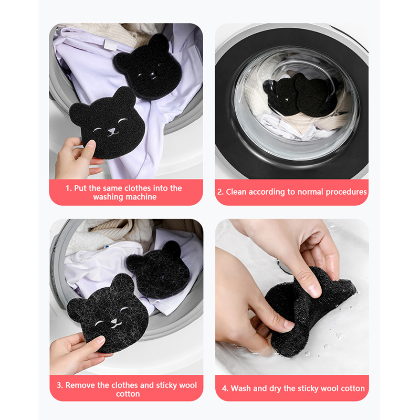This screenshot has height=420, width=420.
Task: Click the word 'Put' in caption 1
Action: pyautogui.click(x=80, y=188)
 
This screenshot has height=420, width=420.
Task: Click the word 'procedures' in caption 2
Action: pyautogui.click(x=346, y=192)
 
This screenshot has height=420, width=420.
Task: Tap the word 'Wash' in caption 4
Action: pyautogui.click(x=240, y=388)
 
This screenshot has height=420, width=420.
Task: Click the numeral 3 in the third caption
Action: pyautogui.click(x=59, y=385)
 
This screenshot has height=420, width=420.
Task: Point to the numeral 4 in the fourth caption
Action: pyautogui.click(x=224, y=388)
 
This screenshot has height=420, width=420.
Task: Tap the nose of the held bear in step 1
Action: pyautogui.click(x=112, y=131)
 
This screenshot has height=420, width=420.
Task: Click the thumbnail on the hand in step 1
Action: pyautogui.click(x=90, y=145)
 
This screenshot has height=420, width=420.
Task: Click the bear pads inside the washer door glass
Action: pyautogui.click(x=300, y=95)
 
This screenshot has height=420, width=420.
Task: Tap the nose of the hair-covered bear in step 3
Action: pyautogui.click(x=114, y=321)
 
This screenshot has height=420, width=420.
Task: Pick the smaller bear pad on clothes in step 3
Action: pyautogui.click(x=158, y=270)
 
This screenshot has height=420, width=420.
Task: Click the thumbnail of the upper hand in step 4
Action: pyautogui.click(x=314, y=290)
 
